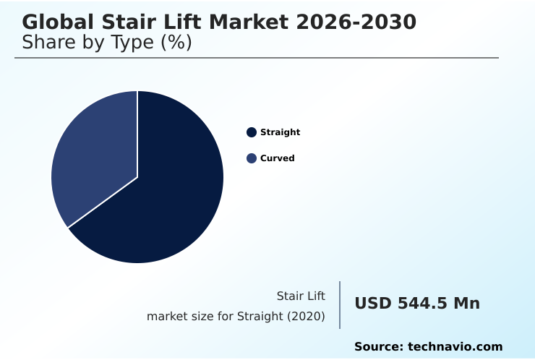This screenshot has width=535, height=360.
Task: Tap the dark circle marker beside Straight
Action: point(252,132)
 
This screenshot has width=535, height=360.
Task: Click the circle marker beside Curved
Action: point(252,158)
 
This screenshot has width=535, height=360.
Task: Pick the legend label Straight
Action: point(280,132)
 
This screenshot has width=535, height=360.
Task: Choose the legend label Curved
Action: point(277,158)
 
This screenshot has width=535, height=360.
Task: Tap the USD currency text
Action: point(373,304)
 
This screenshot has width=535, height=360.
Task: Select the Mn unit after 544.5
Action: point(466,304)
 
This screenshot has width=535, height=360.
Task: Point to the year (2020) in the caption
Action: point(306,316)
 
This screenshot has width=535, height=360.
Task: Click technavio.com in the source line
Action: point(455,347)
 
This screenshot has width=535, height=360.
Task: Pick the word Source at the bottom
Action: point(378,347)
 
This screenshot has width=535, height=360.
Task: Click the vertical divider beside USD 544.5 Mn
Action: point(340,304)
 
